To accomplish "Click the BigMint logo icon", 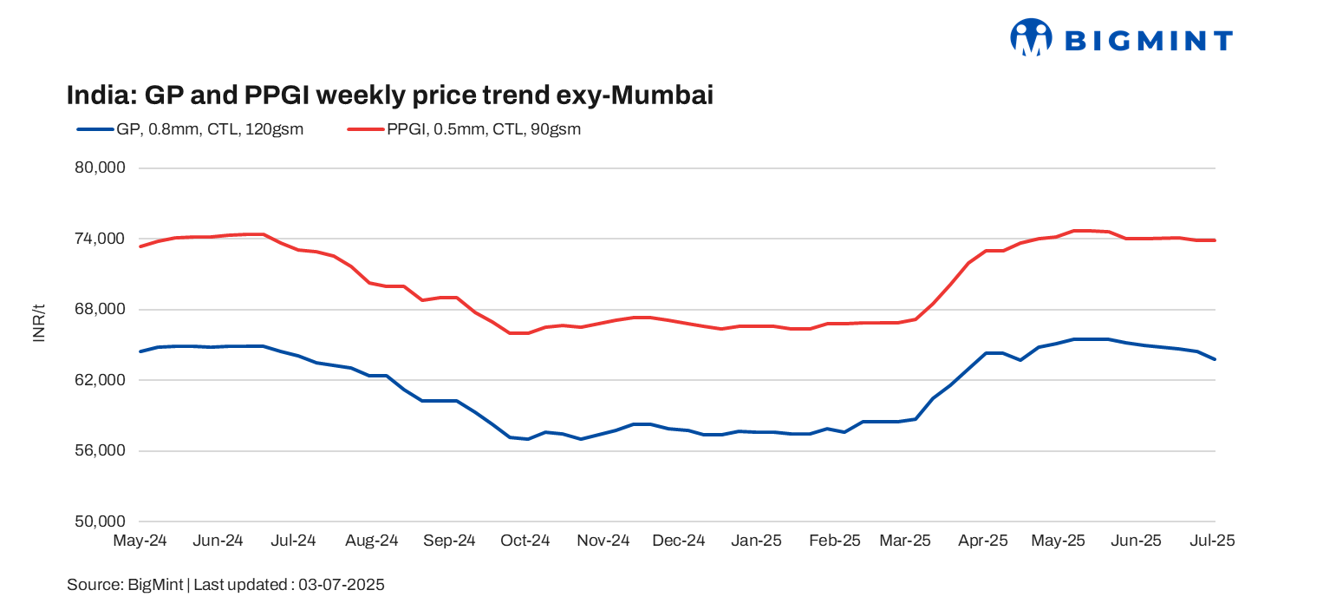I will tap(1030, 38).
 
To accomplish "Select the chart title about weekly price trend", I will tap(390, 95).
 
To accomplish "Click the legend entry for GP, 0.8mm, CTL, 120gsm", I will tap(191, 129).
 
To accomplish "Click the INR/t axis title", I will tap(39, 323).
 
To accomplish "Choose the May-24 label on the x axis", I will tap(140, 541).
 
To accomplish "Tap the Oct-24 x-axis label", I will tap(525, 541).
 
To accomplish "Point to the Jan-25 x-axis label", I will tap(756, 541).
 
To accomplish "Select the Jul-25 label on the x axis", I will tap(1211, 541).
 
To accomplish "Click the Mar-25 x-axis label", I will tap(905, 541).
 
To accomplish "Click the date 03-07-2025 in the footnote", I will tap(342, 585).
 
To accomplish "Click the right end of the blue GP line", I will tap(1215, 359).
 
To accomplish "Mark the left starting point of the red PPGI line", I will tap(140, 246).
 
